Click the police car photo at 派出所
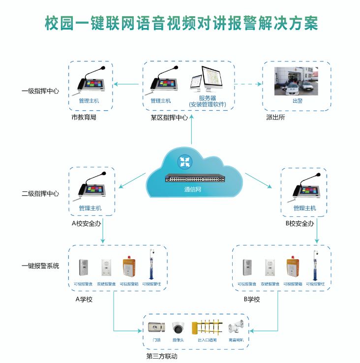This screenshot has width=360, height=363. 297,81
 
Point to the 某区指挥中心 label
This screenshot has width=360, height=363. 169,118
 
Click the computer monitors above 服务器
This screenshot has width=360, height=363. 206,80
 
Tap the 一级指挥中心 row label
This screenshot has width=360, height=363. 40,91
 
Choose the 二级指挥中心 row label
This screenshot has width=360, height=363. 40,194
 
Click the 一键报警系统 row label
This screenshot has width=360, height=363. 40,266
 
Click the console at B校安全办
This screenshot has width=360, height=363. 305,189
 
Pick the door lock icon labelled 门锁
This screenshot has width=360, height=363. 156,327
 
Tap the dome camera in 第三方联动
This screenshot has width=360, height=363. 178,327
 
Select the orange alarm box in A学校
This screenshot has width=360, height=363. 129,268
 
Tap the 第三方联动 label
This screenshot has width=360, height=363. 162,356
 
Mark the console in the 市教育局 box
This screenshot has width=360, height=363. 92,83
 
